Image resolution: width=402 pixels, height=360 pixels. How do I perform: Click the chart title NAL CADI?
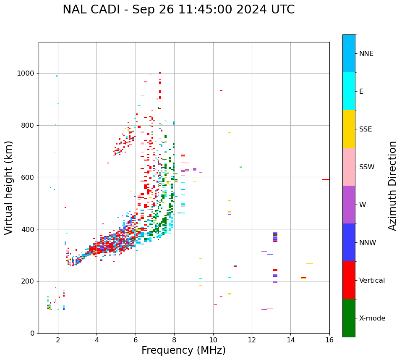(178, 10)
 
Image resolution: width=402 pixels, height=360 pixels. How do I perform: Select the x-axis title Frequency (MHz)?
(183, 350)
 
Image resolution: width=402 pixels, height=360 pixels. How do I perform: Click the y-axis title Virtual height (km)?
(9, 187)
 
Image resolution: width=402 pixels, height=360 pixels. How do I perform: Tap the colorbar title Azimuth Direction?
(392, 186)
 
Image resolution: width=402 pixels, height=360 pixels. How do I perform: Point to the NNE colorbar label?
(366, 54)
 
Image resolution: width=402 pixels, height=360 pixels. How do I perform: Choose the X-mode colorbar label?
(372, 318)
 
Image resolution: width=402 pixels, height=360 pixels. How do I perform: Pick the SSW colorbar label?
(367, 167)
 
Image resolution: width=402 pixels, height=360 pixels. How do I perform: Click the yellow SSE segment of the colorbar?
(349, 129)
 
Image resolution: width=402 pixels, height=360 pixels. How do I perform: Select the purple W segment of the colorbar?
(349, 205)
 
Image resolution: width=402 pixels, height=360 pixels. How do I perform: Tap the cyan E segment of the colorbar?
(349, 91)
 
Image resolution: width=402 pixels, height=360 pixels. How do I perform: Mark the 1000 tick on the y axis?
(26, 73)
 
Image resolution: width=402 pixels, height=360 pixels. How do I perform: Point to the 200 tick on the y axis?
(28, 281)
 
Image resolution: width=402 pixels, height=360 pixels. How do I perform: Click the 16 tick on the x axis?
(329, 339)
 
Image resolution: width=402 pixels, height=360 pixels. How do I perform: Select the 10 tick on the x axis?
(213, 339)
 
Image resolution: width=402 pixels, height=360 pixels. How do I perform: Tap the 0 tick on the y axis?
(33, 333)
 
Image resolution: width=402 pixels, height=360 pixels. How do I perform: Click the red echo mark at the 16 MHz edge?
(326, 179)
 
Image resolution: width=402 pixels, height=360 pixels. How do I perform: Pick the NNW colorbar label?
(368, 243)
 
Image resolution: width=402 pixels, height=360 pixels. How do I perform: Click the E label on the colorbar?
(361, 92)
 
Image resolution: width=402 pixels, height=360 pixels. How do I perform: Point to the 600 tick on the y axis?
(28, 177)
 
